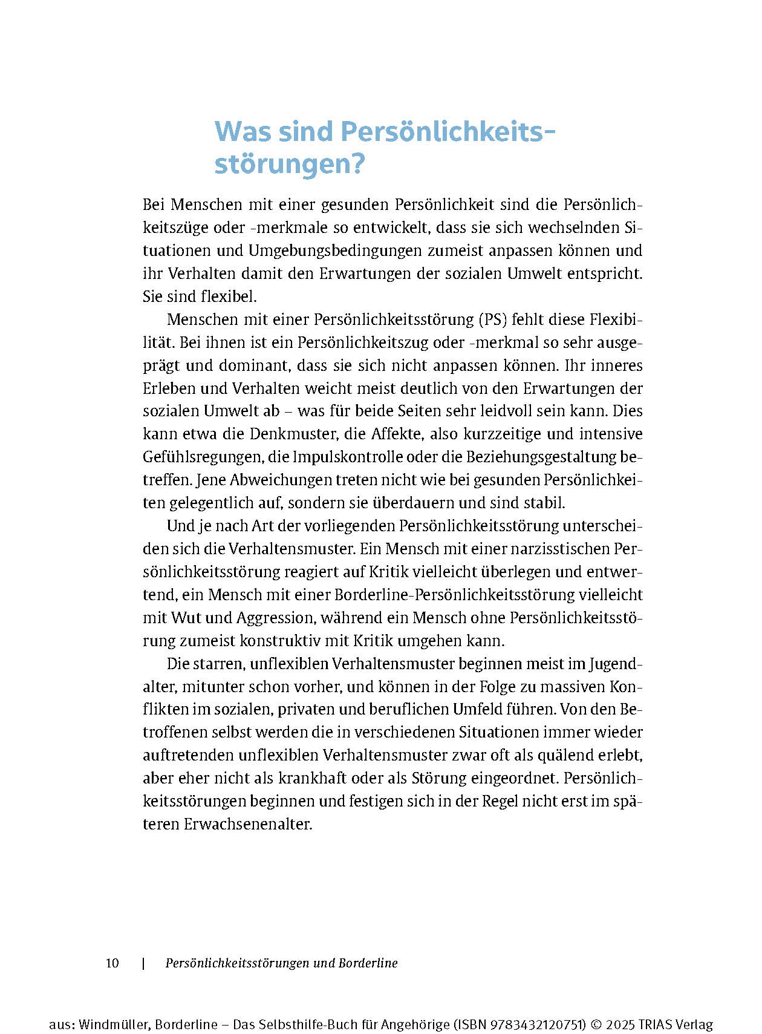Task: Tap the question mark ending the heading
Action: pyautogui.click(x=357, y=165)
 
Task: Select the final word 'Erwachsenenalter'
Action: pyautogui.click(x=247, y=825)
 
